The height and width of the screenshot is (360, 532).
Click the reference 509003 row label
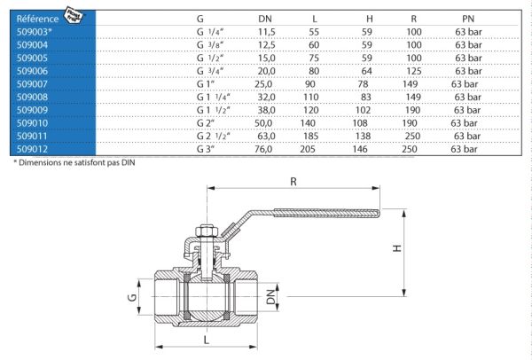click(x=34, y=32)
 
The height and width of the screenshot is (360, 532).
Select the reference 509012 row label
click(x=32, y=149)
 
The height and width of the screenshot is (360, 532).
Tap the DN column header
click(x=264, y=19)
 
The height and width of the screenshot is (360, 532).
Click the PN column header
click(x=468, y=19)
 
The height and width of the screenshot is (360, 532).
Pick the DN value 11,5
click(x=267, y=32)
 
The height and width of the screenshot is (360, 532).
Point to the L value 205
click(x=308, y=149)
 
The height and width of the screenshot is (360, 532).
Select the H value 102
click(x=363, y=110)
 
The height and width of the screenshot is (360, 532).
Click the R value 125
click(x=414, y=71)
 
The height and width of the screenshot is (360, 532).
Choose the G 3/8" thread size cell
click(x=210, y=45)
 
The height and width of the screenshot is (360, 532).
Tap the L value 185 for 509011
click(x=311, y=136)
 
